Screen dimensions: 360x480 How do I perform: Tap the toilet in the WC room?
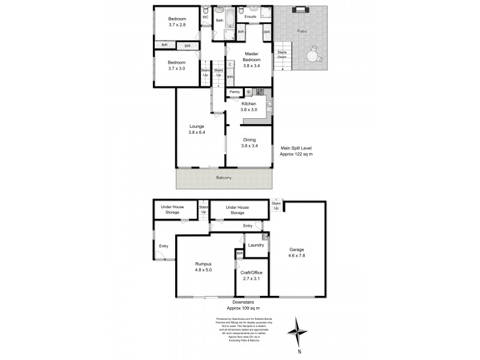tap(205, 11)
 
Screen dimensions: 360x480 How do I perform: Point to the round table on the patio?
tap(312, 56)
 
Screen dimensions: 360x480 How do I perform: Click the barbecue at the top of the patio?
tap(299, 10)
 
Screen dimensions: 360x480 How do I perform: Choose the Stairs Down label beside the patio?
tap(282, 54)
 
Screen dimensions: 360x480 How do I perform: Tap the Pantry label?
tap(234, 92)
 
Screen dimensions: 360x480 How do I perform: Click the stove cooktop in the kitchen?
tap(260, 92)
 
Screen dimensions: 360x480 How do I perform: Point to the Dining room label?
tap(248, 139)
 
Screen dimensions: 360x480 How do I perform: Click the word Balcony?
tap(224, 178)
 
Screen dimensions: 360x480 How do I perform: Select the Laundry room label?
tap(256, 245)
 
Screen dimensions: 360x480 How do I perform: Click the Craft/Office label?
tap(252, 272)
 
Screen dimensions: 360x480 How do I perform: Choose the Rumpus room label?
tap(203, 263)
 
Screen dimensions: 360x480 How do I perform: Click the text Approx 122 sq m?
tap(296, 154)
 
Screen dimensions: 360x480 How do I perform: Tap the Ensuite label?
tap(250, 16)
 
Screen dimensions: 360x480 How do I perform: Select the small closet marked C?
tap(230, 64)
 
